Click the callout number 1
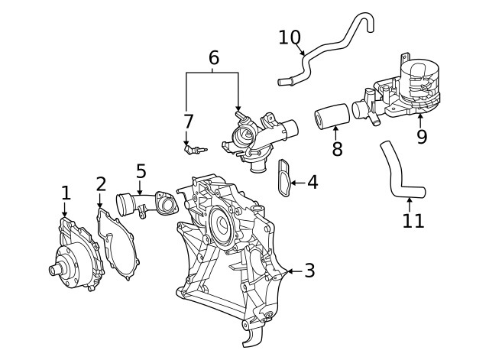[66, 192]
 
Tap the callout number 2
[101, 184]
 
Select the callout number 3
[309, 271]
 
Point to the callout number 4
[312, 182]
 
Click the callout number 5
[141, 171]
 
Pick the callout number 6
[213, 57]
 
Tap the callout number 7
[188, 122]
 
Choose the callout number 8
[337, 148]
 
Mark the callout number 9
[421, 137]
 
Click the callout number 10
[290, 36]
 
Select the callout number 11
[412, 221]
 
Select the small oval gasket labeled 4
[286, 178]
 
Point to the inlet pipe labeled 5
[141, 205]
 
